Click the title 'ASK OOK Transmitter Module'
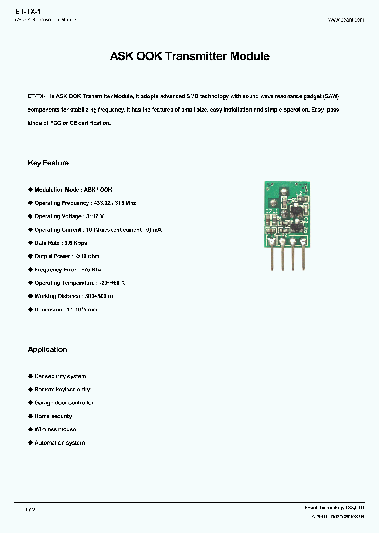point(189,56)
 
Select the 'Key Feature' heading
point(48,163)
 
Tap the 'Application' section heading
point(47,350)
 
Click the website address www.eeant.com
point(346,19)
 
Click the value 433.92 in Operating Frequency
point(102,203)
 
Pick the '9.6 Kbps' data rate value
point(76,243)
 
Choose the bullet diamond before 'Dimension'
point(30,310)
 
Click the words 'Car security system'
point(60,377)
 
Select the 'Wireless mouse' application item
point(55,430)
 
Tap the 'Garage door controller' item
point(64,403)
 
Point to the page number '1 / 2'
point(30,510)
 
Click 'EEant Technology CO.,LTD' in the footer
point(334,508)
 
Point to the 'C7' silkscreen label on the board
point(268,212)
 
